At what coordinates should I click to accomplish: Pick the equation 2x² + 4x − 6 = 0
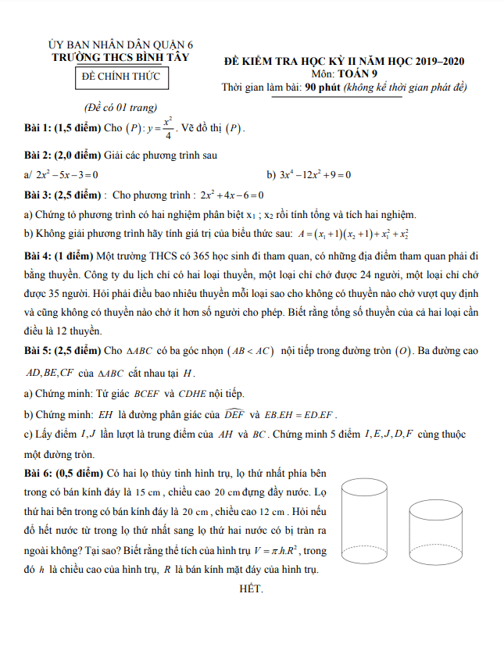pos(232,195)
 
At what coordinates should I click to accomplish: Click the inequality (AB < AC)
pos(249,351)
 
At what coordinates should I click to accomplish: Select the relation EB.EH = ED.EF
pos(302,413)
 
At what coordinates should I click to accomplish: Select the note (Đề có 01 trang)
pos(120,107)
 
